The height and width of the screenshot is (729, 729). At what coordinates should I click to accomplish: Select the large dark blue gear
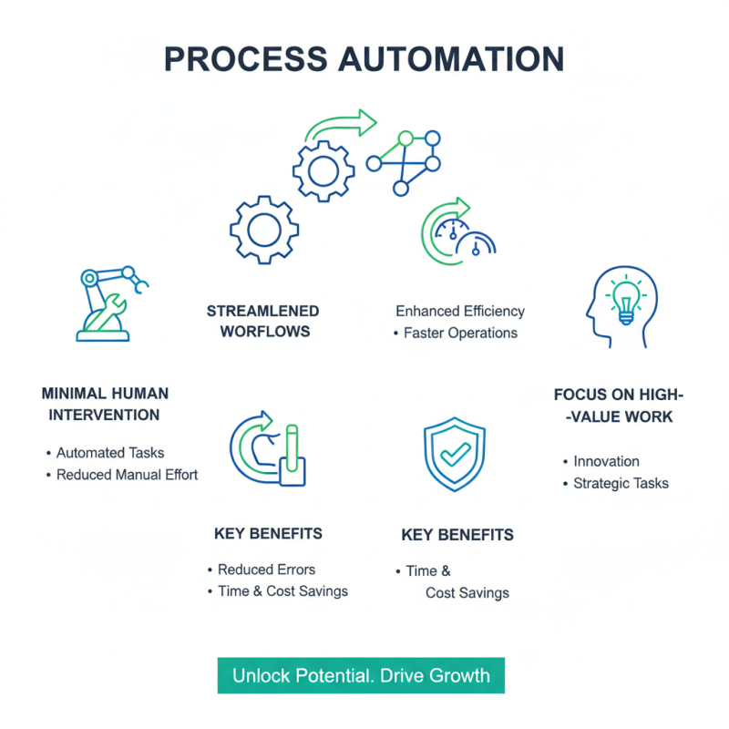[264, 230]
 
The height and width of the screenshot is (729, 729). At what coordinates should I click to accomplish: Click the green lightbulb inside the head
[627, 299]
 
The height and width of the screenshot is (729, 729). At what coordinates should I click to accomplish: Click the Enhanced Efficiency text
[460, 311]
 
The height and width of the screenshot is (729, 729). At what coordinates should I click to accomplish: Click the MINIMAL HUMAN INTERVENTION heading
[105, 404]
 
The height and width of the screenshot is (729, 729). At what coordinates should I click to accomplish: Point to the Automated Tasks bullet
[109, 452]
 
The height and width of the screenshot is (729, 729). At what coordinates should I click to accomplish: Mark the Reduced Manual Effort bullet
[127, 474]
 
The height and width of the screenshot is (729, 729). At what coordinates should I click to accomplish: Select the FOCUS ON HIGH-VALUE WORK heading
[618, 406]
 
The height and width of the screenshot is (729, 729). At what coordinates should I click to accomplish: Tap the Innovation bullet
[606, 461]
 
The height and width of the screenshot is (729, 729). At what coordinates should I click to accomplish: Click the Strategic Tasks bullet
[621, 483]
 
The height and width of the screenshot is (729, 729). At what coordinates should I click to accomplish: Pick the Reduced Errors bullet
[266, 570]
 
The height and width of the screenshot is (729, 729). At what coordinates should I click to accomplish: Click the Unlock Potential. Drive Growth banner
[361, 676]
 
